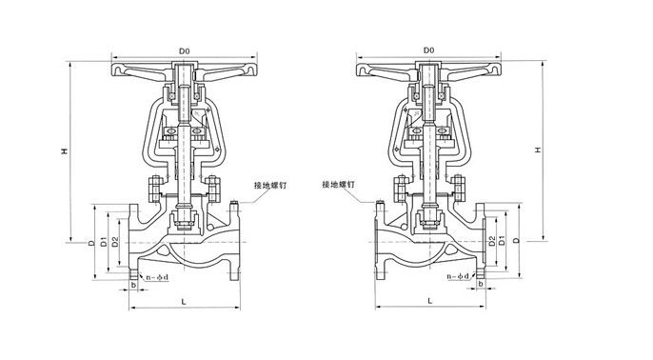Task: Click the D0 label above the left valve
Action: [184, 50]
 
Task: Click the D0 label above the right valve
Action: [429, 50]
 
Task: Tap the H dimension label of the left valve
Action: [65, 151]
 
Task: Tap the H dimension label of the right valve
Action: [538, 150]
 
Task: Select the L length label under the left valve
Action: [184, 302]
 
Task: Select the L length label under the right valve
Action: [430, 300]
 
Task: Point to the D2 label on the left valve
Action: [115, 242]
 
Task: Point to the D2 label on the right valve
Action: [492, 241]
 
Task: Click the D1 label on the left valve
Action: [104, 242]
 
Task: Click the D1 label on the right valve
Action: [503, 240]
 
